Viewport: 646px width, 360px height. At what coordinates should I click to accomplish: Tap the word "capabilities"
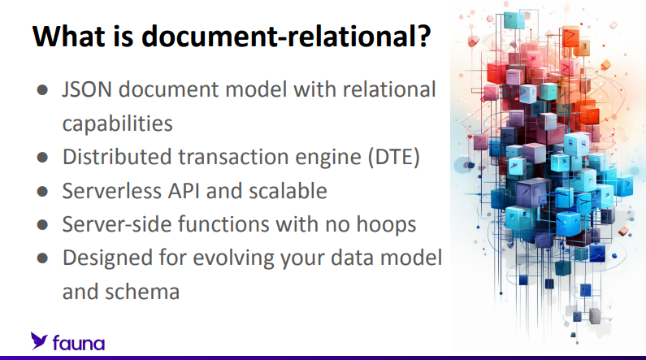point(117,123)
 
